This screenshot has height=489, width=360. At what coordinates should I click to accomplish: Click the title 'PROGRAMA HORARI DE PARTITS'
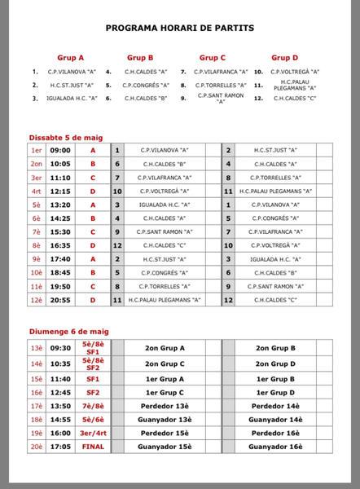pos(180,28)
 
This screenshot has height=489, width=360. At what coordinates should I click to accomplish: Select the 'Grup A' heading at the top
pos(71,58)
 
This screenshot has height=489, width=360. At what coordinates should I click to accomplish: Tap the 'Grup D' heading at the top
pos(284,58)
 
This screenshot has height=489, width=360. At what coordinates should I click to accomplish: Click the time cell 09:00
pos(60,151)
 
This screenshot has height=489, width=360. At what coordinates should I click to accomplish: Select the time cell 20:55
pos(60,300)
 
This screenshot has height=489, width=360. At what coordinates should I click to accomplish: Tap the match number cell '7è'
pos(36,232)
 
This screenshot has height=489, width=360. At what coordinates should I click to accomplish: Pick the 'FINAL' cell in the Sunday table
pos(93,447)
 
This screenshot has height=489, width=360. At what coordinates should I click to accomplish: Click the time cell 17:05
pos(60,447)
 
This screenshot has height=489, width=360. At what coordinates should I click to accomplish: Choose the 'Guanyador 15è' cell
pos(164,447)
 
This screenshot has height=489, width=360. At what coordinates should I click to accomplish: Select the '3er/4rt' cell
pos(93,433)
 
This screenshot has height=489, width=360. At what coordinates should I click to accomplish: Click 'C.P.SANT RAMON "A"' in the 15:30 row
pos(165,232)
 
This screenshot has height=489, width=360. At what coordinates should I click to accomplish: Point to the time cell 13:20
pos(60,205)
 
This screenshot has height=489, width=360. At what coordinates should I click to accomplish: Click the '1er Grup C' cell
pos(164,392)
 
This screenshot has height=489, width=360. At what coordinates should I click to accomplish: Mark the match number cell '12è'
pos(36,300)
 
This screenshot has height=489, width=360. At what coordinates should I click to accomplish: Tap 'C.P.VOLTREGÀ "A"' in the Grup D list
pos(297,72)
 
